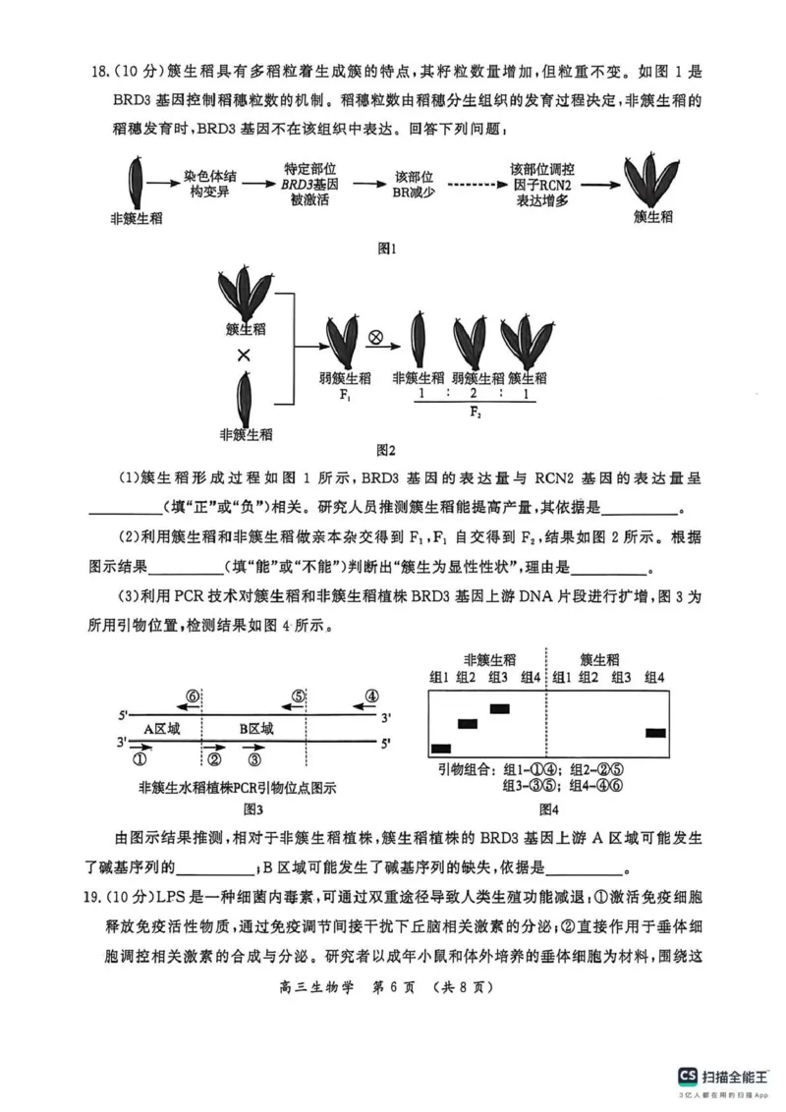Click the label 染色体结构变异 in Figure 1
[x=209, y=184]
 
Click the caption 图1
[x=387, y=250]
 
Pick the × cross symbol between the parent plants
[x=244, y=356]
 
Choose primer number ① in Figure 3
[x=140, y=758]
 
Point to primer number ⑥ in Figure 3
[x=193, y=696]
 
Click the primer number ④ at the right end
[x=371, y=696]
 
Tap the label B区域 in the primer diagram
[x=256, y=728]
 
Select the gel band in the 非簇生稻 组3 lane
[x=499, y=707]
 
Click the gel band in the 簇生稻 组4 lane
[x=655, y=733]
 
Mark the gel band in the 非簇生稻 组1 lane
[x=440, y=750]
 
